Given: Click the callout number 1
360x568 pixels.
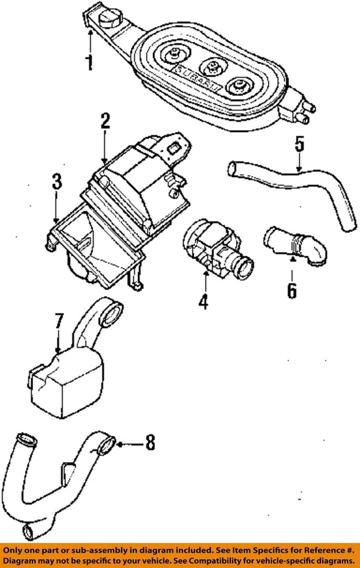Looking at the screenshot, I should tap(89, 62).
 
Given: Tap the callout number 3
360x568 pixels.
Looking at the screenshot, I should tap(56, 182).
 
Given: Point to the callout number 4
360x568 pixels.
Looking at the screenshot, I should tap(203, 302).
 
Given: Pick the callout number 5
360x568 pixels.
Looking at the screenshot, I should tap(299, 144).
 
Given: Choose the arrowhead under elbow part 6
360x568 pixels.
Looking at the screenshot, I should tap(291, 259).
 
